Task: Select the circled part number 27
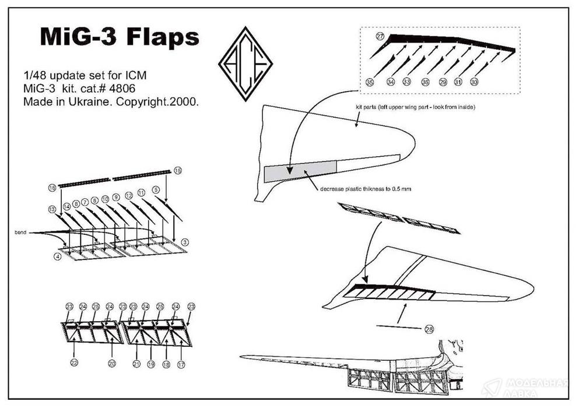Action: (x=380, y=37)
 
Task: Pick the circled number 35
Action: (x=369, y=83)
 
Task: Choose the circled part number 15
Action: (x=178, y=170)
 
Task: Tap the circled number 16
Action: (x=52, y=188)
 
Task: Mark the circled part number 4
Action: (x=58, y=256)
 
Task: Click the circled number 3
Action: (x=184, y=242)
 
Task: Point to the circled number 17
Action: (x=181, y=364)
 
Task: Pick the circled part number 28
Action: (x=429, y=330)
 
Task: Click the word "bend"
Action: (x=21, y=233)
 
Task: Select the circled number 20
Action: (x=112, y=363)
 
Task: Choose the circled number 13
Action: (x=52, y=209)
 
